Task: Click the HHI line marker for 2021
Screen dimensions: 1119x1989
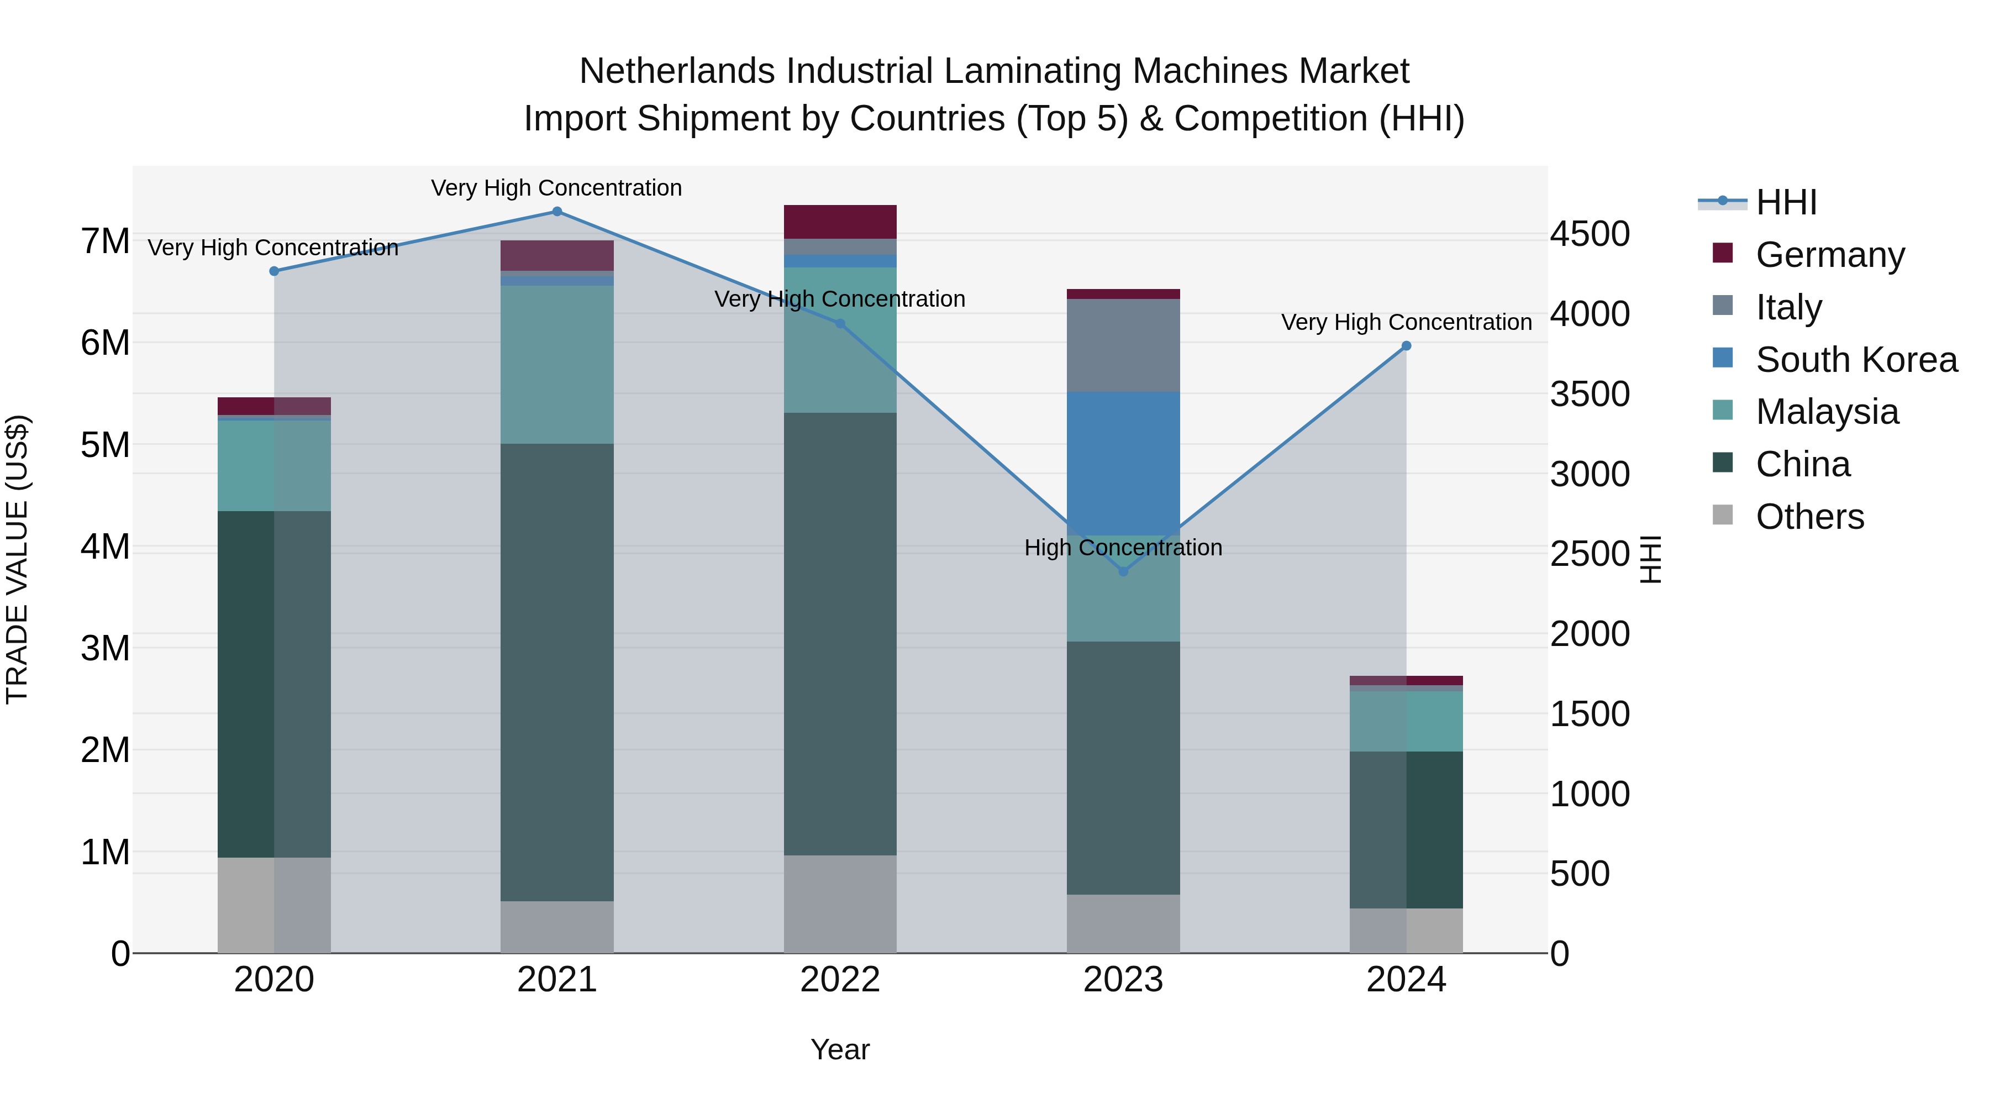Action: coord(557,212)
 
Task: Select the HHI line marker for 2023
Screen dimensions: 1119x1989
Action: coord(1123,571)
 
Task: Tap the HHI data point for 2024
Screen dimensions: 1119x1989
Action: coord(1406,346)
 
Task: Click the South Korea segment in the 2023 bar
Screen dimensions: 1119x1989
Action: coord(1123,464)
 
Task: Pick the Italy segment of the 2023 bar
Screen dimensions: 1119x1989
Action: coord(1123,345)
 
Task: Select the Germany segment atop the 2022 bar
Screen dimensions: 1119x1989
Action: coord(840,222)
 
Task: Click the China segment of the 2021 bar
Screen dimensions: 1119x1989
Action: coord(557,672)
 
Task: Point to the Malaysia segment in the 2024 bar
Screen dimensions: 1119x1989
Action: coord(1406,721)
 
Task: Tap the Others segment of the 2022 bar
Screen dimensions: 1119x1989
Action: coord(840,903)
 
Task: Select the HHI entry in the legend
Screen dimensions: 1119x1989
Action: coord(1785,202)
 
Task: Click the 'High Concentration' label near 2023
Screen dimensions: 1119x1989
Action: coord(1123,548)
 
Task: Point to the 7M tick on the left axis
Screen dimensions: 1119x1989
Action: coord(105,241)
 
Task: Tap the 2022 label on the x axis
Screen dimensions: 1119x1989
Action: coord(840,980)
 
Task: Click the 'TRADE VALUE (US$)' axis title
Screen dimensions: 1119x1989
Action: coord(17,559)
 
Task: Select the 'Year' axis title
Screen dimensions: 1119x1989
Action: coord(840,1049)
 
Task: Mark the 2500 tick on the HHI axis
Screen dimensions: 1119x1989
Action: coord(1590,554)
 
